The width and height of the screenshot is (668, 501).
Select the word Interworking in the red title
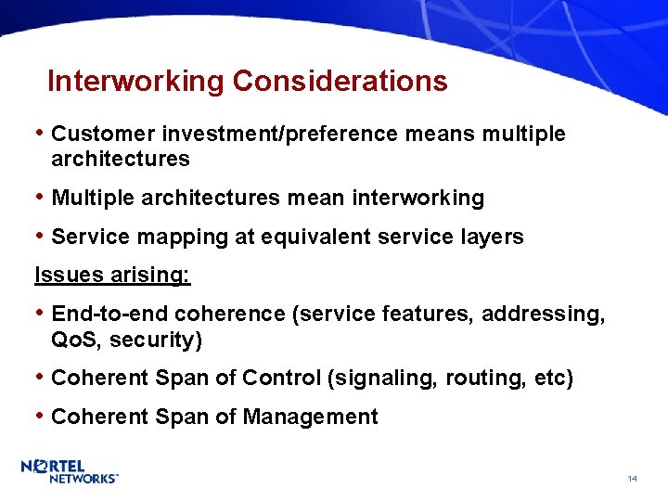click(136, 82)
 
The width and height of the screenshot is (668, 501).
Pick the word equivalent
click(304, 238)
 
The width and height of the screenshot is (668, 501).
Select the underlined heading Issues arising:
click(112, 276)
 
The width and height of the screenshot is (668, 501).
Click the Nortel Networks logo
click(70, 470)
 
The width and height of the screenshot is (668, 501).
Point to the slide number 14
click(632, 479)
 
